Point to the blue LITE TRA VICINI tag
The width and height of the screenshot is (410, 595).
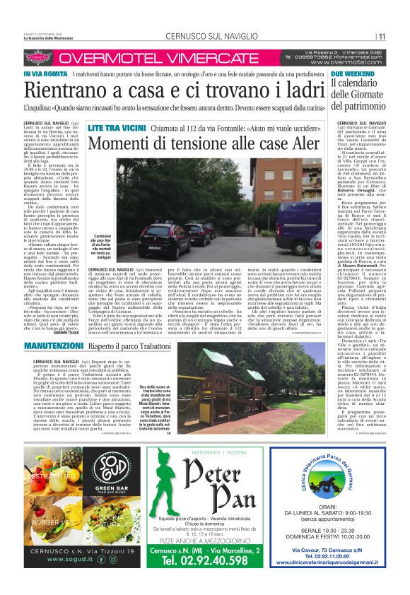pyautogui.click(x=112, y=129)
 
